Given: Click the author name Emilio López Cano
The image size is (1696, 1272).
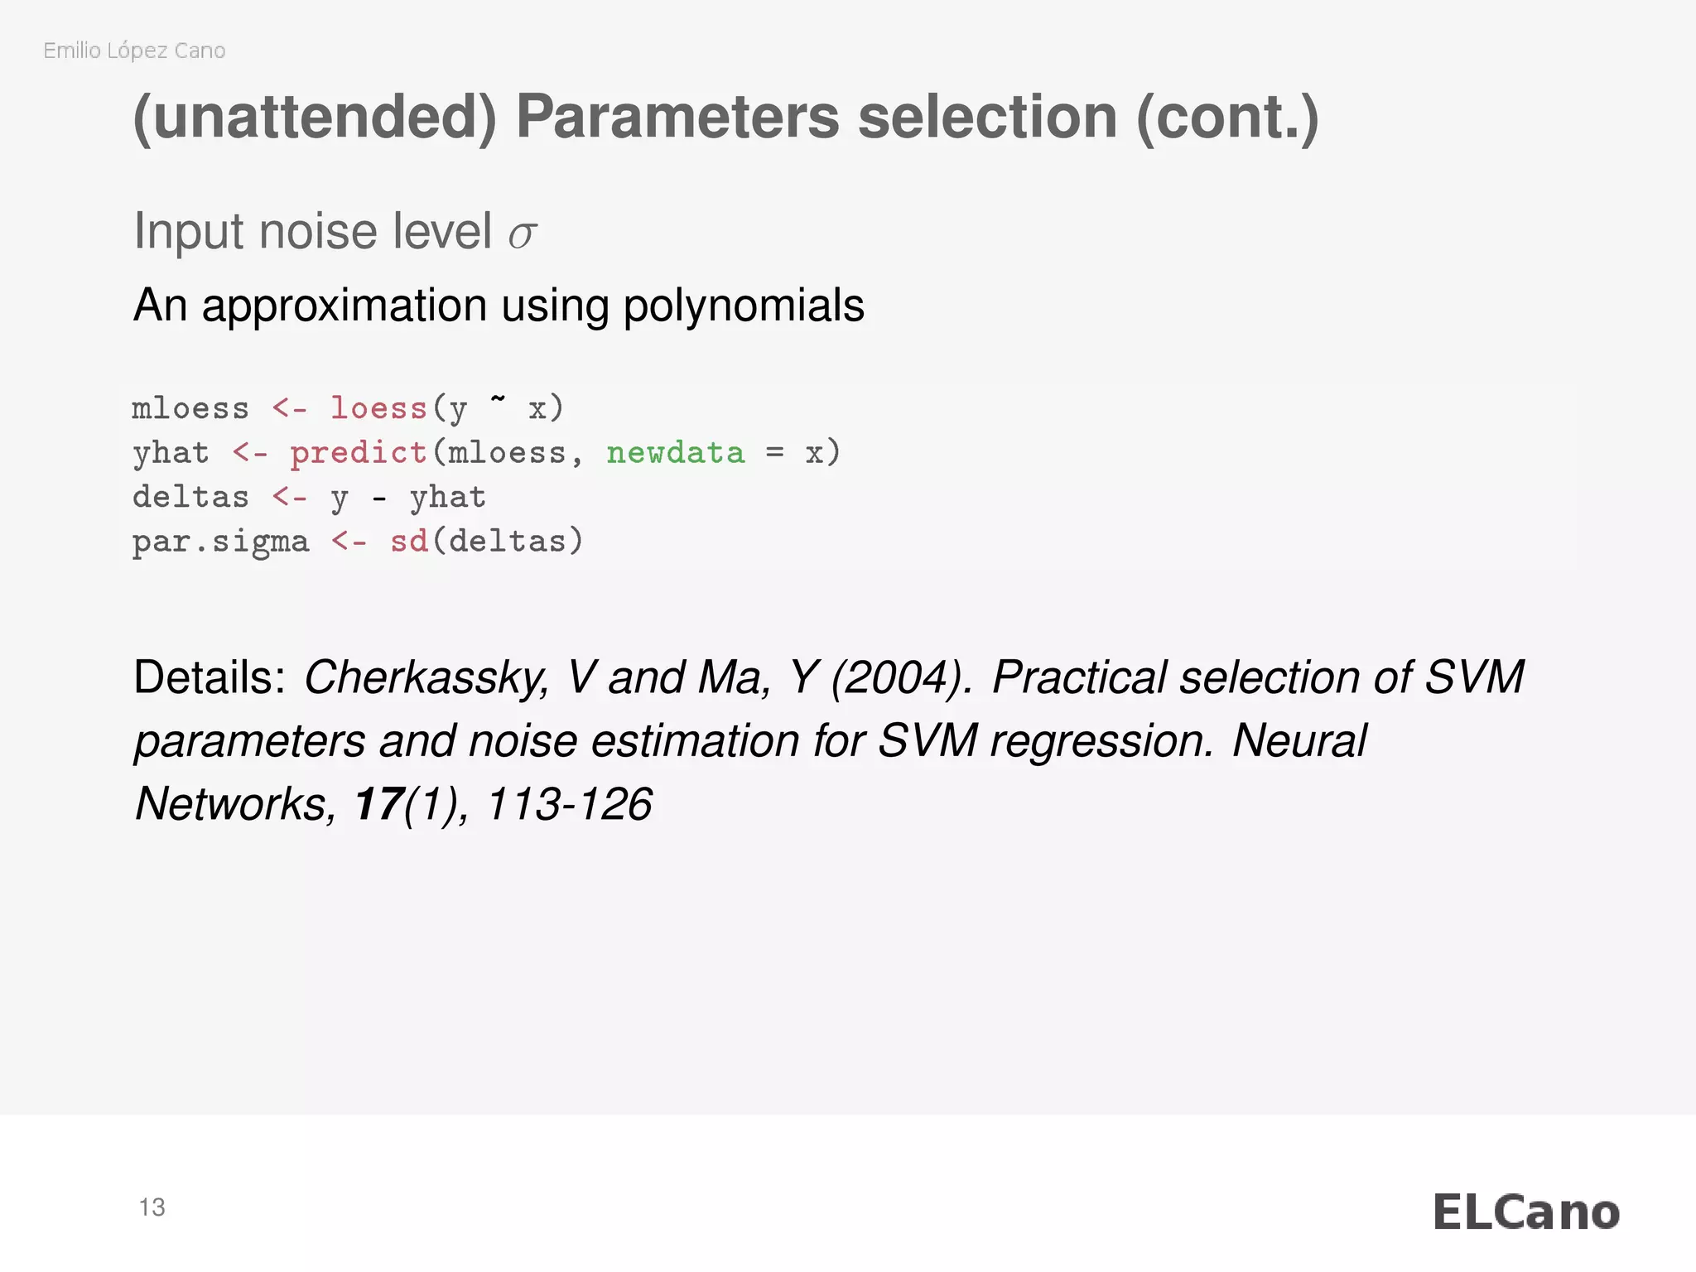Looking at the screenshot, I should click(134, 51).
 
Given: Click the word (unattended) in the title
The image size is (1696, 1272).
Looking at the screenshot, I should click(315, 118).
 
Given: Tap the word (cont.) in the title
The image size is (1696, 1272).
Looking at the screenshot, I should click(1227, 118).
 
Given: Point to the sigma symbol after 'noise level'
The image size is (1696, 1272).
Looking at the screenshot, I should click(523, 234).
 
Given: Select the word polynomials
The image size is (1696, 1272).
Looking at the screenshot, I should click(744, 306).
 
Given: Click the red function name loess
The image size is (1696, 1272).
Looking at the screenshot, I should click(378, 409).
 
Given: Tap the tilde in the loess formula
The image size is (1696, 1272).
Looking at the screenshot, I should click(498, 401).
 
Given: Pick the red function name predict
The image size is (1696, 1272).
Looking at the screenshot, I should click(358, 453).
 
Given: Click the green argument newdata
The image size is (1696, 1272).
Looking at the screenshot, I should click(676, 453).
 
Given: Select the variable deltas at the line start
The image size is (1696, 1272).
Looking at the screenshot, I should click(190, 498).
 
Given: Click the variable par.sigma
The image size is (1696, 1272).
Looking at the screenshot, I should click(220, 542).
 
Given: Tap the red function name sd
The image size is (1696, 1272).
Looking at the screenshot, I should click(409, 542).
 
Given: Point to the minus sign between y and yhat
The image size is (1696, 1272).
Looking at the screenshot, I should click(378, 499).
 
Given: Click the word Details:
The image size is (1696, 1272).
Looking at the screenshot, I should click(210, 677).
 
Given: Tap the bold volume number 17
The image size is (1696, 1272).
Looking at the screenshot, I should click(378, 804).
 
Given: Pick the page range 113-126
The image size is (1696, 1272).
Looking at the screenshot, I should click(570, 804).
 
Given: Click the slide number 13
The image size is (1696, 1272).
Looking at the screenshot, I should click(152, 1207).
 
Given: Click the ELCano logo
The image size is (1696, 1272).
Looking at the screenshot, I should click(1526, 1212).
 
